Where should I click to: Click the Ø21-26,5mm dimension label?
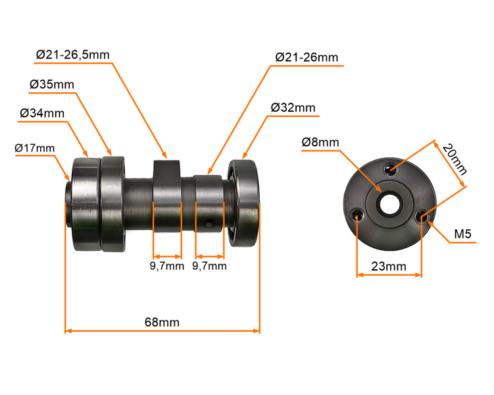point(73,55)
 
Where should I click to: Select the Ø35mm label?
point(52,84)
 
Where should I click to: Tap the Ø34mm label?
point(42,113)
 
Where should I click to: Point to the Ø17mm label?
point(35,148)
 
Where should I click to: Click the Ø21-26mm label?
point(307,57)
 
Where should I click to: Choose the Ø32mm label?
point(293,108)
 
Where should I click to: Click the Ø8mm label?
point(320,142)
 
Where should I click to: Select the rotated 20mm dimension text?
point(454,159)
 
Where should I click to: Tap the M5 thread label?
point(462,234)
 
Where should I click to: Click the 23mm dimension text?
point(389,267)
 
